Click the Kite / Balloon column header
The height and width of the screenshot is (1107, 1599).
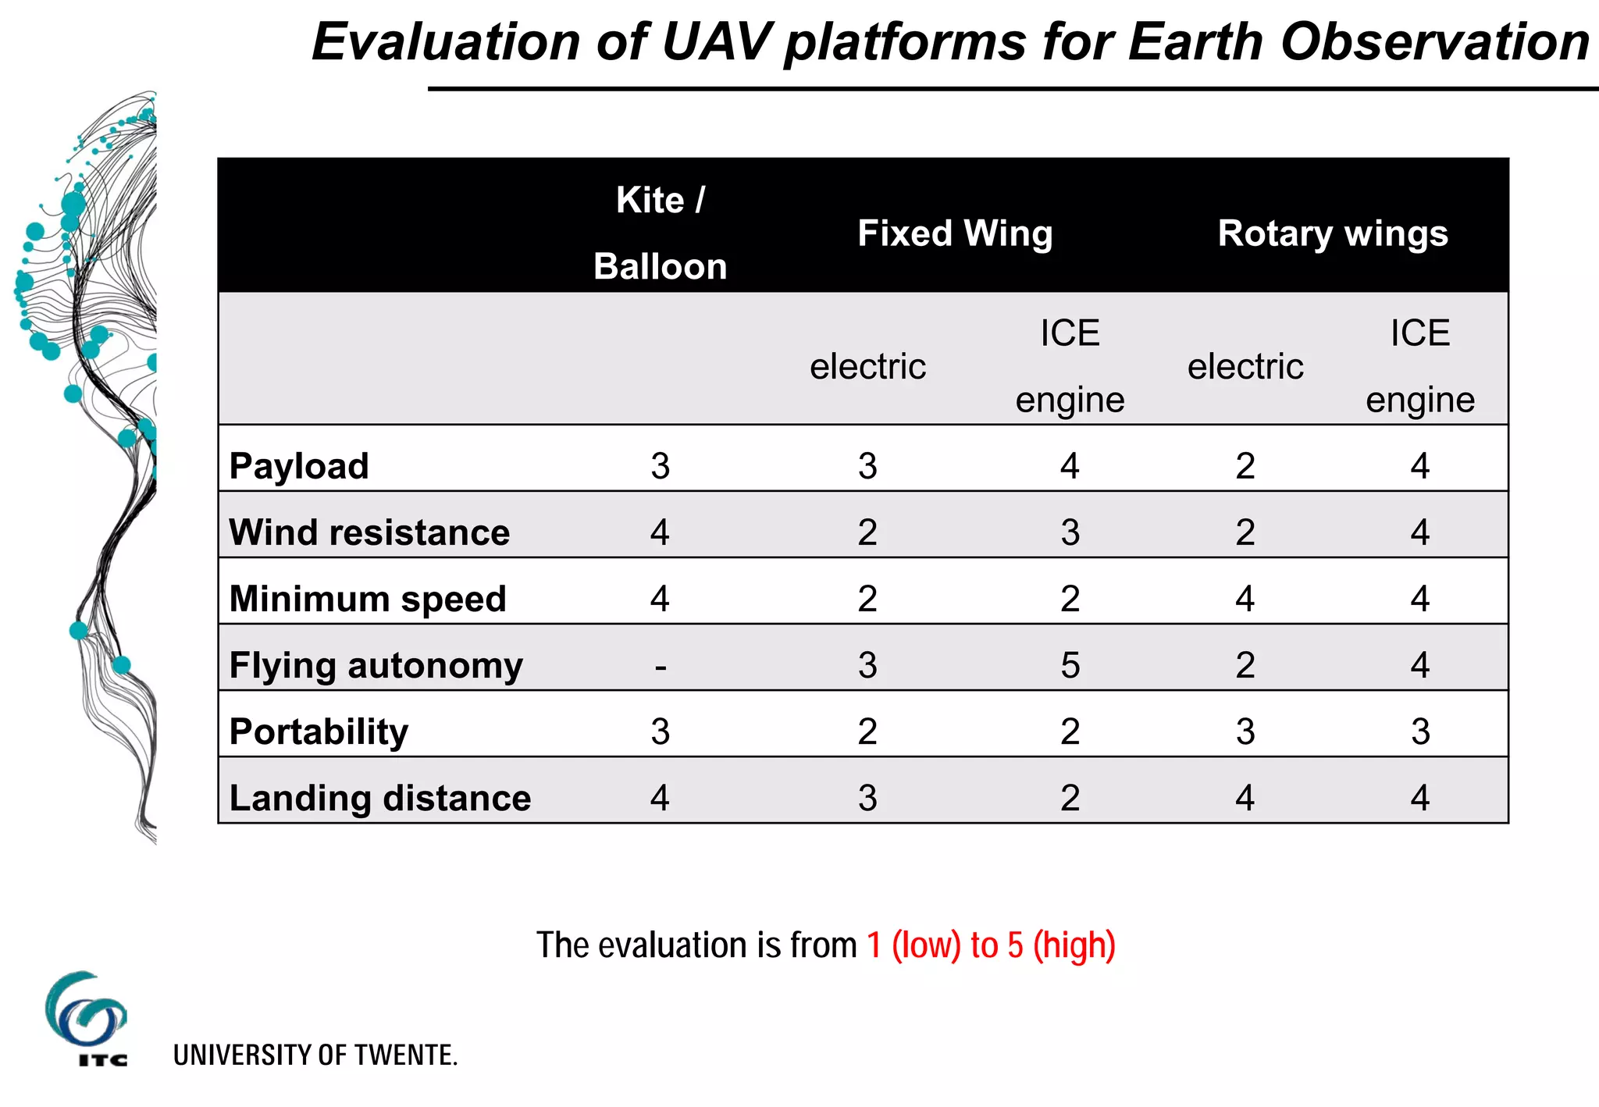coord(661,233)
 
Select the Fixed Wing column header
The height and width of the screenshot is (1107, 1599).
coord(955,233)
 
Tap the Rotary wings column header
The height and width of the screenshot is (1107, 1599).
coord(1333,233)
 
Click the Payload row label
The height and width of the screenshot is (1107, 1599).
coord(299,466)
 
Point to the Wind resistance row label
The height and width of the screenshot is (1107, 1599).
coord(369,532)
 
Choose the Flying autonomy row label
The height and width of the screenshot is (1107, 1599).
coord(376,665)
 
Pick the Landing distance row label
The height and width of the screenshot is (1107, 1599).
coord(380,798)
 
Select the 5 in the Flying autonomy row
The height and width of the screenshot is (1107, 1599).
coord(1070,665)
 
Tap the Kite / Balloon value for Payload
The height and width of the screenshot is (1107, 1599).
coord(661,466)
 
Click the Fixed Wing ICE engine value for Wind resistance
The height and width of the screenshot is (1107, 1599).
coord(1070,532)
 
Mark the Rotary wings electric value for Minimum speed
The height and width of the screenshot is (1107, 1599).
coord(1245,599)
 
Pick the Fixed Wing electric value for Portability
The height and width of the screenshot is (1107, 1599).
coord(867,731)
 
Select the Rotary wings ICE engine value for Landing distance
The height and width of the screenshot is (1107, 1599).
coord(1420,798)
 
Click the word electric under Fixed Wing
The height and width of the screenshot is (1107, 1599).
coord(867,366)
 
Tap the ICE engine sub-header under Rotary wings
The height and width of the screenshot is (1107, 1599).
coord(1420,366)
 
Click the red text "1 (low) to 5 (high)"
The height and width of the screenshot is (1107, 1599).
coord(992,945)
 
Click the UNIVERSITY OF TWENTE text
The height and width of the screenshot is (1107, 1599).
coord(315,1055)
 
